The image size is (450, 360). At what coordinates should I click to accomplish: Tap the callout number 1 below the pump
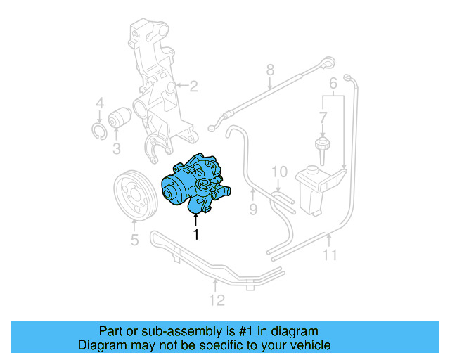tap(196, 234)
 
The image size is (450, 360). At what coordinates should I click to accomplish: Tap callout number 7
tap(269, 70)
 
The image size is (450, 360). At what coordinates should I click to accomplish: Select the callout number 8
tap(253, 209)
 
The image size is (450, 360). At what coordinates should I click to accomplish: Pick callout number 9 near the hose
tap(279, 172)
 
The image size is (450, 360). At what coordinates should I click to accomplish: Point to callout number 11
tap(217, 300)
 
